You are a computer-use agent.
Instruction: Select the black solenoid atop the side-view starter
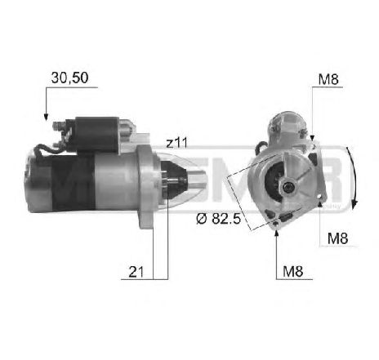(x=94, y=128)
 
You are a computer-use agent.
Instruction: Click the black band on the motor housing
(x=61, y=187)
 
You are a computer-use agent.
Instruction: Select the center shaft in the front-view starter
(x=288, y=185)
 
